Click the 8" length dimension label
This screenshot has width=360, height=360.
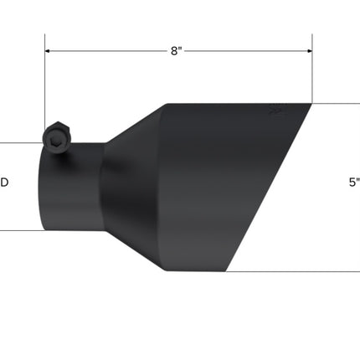[176, 51]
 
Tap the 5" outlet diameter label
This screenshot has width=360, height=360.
[354, 183]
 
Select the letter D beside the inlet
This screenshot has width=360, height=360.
[4, 183]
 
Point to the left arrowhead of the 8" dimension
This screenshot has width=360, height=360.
[48, 51]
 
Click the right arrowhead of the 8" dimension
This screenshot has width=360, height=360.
[310, 51]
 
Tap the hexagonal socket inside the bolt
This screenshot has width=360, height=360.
[54, 141]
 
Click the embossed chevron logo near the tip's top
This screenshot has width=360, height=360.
[275, 111]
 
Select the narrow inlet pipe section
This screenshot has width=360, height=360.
[72, 187]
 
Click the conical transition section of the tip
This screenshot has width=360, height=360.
[134, 187]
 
